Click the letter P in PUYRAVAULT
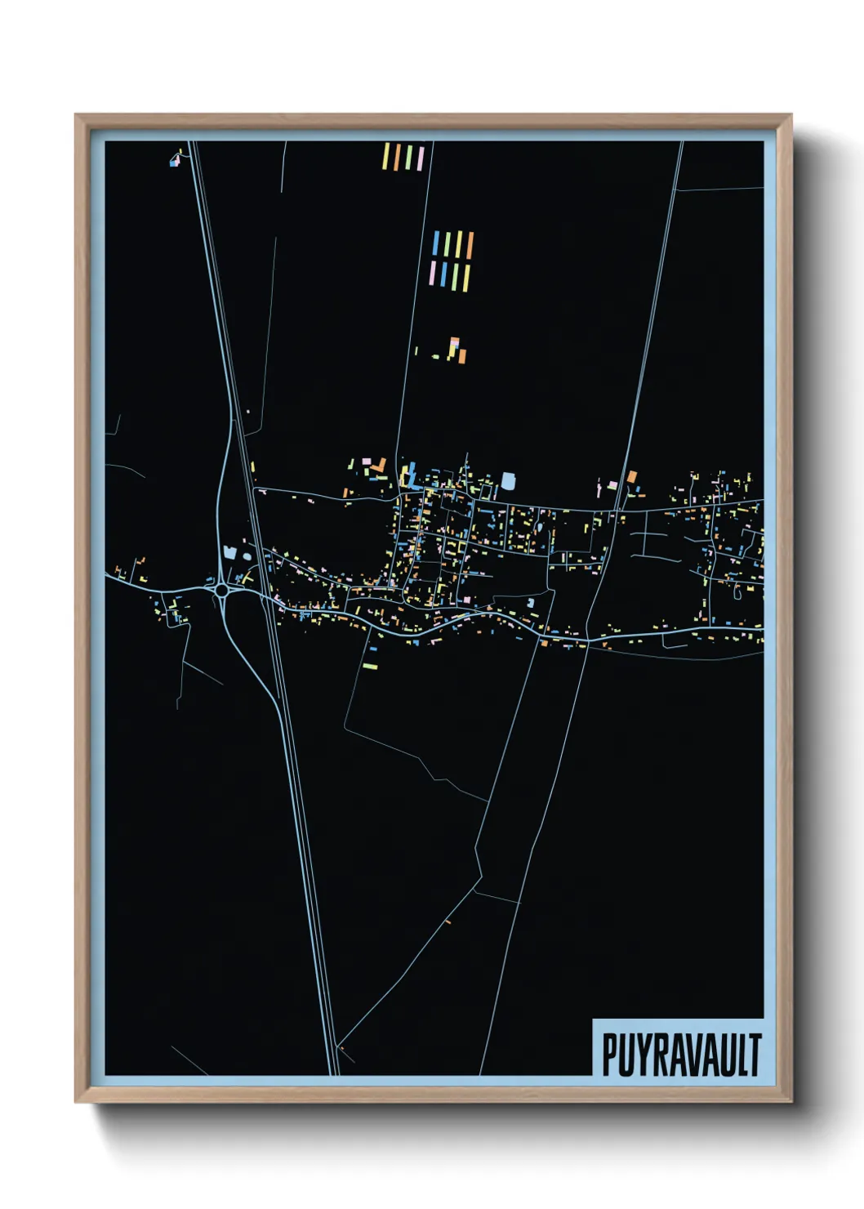pos(609,1055)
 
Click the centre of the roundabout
pos(221,589)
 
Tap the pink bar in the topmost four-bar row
pos(421,158)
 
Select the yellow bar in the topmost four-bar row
pos(387,157)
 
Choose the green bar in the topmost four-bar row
pos(408,158)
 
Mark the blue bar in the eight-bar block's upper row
pos(436,243)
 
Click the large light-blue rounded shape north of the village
pos(509,481)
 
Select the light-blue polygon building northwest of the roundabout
pos(229,553)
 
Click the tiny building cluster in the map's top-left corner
pos(175,160)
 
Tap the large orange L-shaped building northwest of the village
pos(378,466)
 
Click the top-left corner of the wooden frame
pos(77,116)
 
